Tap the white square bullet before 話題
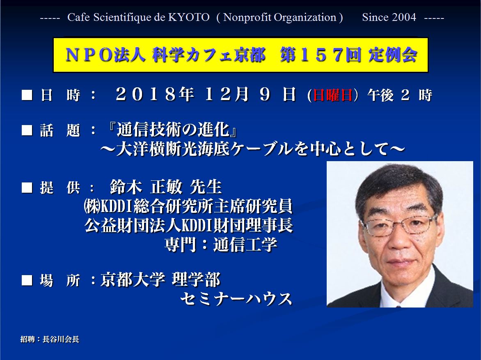tap(27, 130)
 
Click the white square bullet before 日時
tap(27, 95)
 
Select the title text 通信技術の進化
tap(173, 129)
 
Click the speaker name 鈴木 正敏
tap(147, 187)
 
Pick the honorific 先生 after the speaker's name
tap(206, 187)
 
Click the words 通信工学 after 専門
tap(245, 244)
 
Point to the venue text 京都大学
tap(133, 279)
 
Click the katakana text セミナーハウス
tap(236, 299)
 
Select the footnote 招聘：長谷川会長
tap(50, 339)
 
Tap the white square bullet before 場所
tap(27, 280)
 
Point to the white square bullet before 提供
tap(27, 187)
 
